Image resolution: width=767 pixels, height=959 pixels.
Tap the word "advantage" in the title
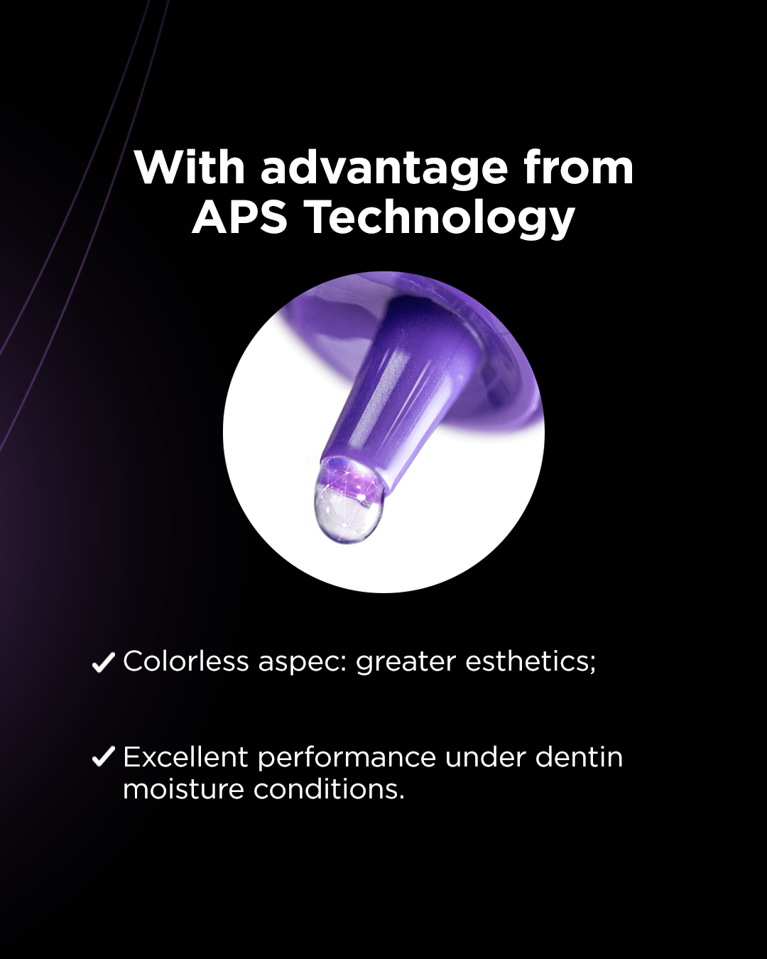pyautogui.click(x=384, y=169)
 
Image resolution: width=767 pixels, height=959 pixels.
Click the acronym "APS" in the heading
pyautogui.click(x=240, y=217)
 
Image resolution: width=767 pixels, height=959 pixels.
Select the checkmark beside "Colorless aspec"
pyautogui.click(x=104, y=662)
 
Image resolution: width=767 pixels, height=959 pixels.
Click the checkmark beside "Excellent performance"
pyautogui.click(x=104, y=757)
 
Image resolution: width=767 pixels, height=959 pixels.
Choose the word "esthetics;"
pyautogui.click(x=531, y=662)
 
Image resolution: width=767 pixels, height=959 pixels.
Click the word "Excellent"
pyautogui.click(x=186, y=757)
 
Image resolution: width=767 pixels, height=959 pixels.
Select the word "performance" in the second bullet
pyautogui.click(x=347, y=759)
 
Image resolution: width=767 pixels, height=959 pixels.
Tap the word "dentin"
pyautogui.click(x=579, y=757)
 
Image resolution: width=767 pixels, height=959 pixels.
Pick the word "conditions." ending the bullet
pyautogui.click(x=330, y=789)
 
